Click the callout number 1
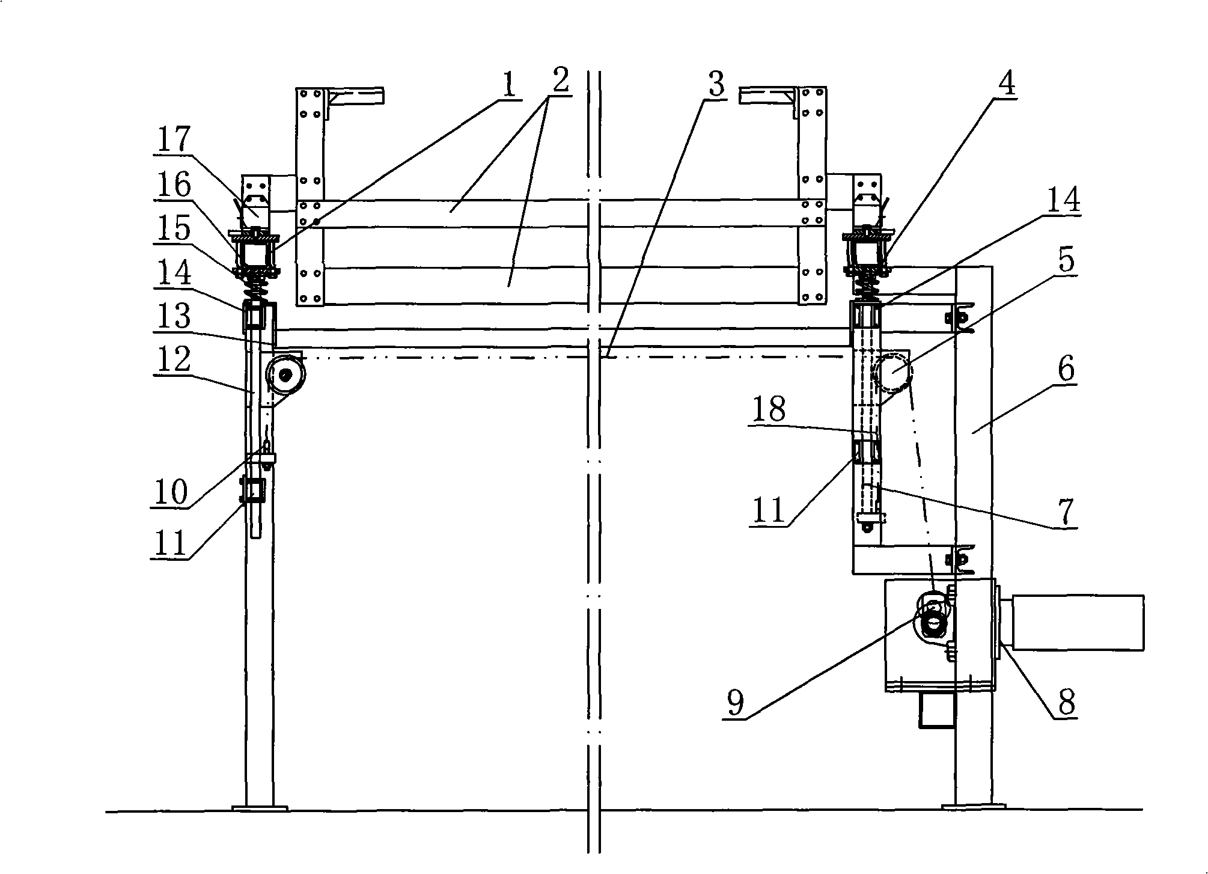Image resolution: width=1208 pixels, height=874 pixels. coord(508,87)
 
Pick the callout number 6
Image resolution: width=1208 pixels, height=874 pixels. coord(1065,370)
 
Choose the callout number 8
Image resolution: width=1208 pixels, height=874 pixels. coord(1065,702)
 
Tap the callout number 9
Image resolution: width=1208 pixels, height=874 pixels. coord(736,702)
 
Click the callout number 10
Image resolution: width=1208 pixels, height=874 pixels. coord(171,493)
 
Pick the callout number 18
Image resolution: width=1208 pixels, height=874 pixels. coord(768,409)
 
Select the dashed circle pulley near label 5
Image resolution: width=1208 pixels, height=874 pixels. coord(893,373)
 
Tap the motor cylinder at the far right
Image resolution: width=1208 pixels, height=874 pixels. coord(1078,622)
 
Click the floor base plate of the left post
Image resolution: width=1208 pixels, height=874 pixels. coord(260,808)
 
